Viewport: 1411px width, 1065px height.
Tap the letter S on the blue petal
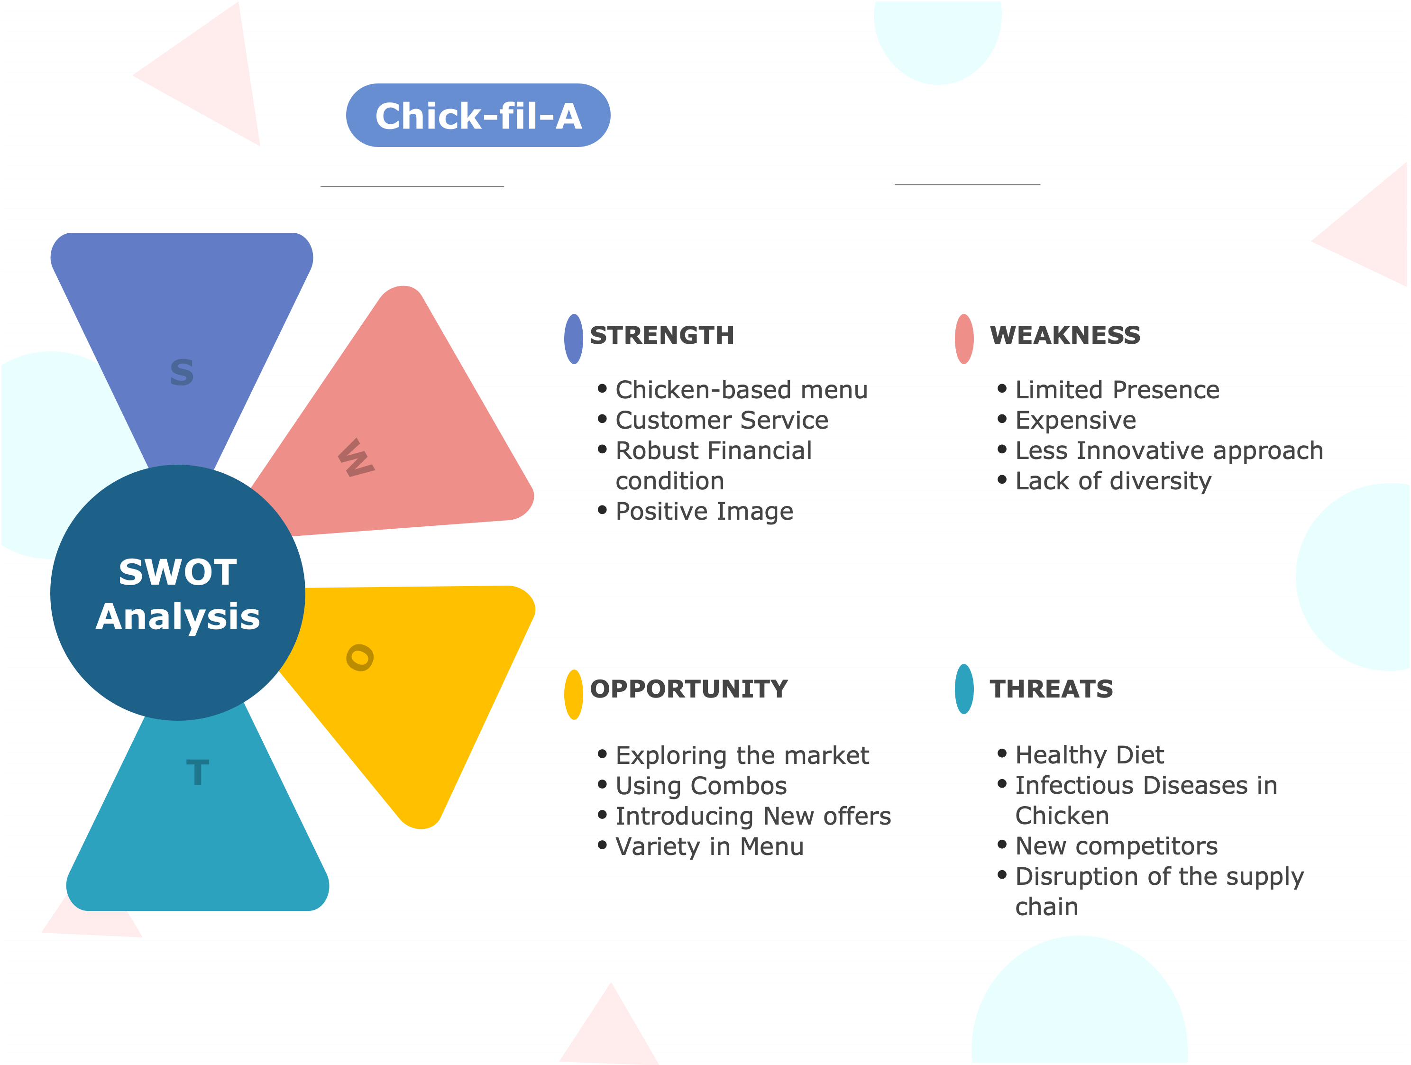click(182, 373)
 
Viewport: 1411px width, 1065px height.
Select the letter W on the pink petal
click(356, 458)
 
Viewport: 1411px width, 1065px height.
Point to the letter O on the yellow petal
click(360, 657)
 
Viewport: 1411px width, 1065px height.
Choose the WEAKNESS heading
click(1064, 335)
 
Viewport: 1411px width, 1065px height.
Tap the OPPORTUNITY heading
click(689, 689)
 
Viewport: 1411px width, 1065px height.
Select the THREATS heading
click(1051, 689)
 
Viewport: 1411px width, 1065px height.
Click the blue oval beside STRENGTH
click(574, 339)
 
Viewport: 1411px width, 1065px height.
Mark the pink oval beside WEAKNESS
click(964, 339)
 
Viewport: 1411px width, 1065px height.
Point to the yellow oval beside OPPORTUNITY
click(574, 694)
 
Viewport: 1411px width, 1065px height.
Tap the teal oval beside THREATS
click(964, 689)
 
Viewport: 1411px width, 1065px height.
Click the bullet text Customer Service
click(722, 420)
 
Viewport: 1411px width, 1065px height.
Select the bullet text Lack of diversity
click(1113, 481)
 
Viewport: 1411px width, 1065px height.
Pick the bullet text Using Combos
click(701, 786)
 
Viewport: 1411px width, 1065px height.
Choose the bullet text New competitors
click(1116, 846)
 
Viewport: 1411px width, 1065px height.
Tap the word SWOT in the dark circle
click(177, 572)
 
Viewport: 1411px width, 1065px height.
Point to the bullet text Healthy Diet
click(1090, 755)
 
